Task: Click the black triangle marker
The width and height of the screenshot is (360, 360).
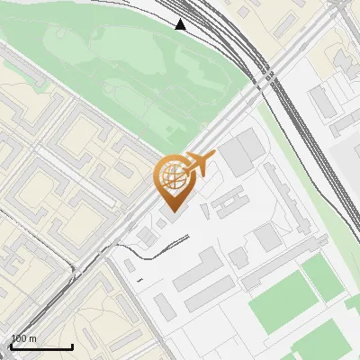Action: pyautogui.click(x=181, y=24)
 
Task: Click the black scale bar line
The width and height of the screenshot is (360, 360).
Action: pyautogui.click(x=41, y=346)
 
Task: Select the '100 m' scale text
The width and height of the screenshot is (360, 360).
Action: pyautogui.click(x=24, y=338)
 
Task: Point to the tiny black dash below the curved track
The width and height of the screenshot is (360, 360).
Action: pyautogui.click(x=139, y=281)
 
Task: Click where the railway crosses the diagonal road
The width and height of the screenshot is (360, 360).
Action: pyautogui.click(x=264, y=79)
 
